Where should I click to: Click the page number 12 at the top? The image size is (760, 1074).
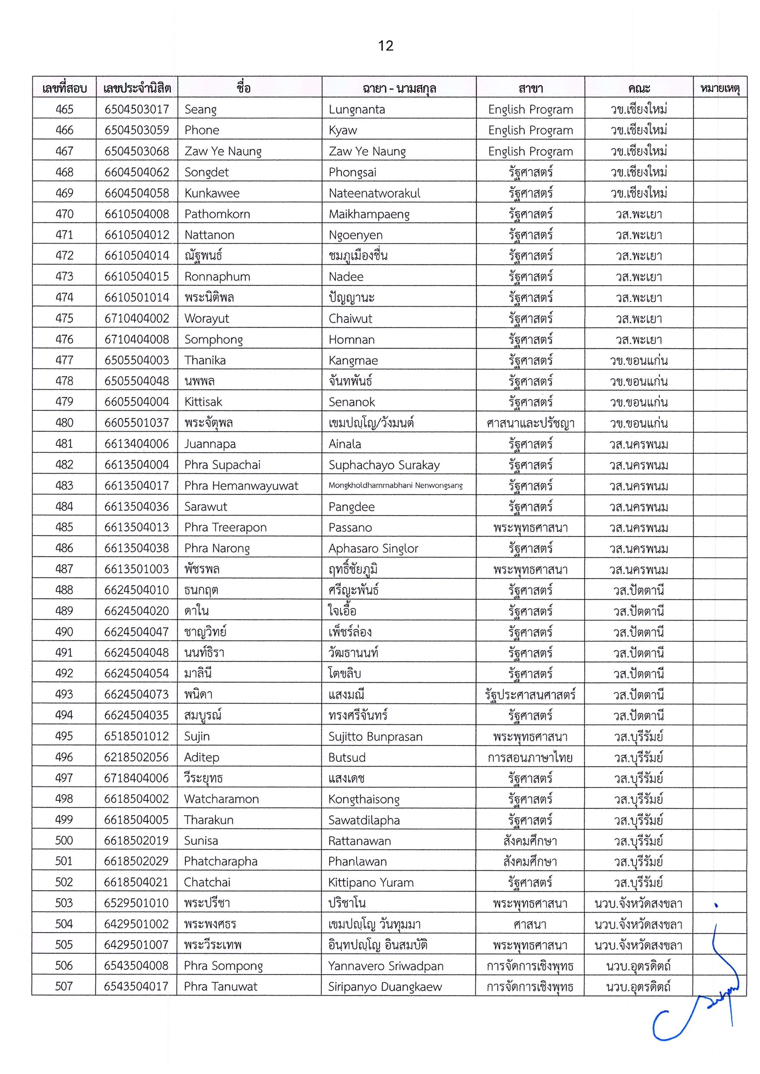385,46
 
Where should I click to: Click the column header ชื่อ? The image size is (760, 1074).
244,88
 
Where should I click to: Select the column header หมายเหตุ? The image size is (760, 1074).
719,88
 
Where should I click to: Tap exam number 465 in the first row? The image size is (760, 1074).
65,109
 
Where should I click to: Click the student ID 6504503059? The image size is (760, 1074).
137,130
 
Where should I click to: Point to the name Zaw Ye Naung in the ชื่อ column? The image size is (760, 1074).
223,151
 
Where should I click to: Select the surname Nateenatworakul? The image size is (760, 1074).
375,193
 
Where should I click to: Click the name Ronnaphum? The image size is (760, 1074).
217,276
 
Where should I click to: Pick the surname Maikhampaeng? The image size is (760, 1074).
369,214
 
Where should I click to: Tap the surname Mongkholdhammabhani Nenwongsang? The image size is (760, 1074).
396,485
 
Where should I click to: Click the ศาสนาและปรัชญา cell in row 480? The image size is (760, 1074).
530,423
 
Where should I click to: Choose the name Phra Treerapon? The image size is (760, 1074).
225,527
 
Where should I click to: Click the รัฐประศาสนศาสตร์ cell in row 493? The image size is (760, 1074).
530,694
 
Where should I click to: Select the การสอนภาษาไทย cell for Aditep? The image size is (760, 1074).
530,757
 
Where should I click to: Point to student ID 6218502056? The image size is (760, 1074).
136,757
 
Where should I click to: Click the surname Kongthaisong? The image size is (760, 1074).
364,799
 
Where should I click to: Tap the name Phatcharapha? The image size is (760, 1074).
221,862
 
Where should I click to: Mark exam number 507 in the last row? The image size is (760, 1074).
64,986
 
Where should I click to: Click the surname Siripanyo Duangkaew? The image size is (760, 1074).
385,986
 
